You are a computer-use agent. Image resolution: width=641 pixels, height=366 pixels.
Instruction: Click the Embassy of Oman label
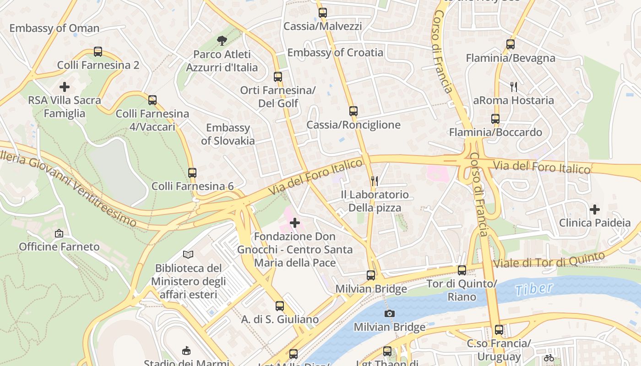pyautogui.click(x=54, y=28)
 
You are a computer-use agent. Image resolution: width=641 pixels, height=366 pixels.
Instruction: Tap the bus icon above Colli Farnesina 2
pyautogui.click(x=98, y=52)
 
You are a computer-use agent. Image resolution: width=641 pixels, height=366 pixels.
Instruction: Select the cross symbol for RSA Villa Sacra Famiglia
pyautogui.click(x=65, y=86)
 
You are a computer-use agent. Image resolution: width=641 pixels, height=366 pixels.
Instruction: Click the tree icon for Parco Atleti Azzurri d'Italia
pyautogui.click(x=222, y=41)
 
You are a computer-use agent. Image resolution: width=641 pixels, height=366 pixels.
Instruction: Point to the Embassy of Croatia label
pyautogui.click(x=335, y=53)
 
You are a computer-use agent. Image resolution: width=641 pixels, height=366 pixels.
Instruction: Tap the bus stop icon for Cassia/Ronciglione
pyautogui.click(x=353, y=111)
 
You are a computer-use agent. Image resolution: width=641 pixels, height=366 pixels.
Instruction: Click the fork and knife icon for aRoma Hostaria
pyautogui.click(x=514, y=86)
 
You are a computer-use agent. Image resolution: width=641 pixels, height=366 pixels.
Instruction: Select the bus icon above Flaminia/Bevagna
pyautogui.click(x=511, y=44)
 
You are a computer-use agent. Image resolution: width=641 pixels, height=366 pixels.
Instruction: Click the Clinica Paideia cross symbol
pyautogui.click(x=594, y=210)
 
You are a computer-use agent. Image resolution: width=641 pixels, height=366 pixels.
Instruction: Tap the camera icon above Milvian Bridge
pyautogui.click(x=389, y=313)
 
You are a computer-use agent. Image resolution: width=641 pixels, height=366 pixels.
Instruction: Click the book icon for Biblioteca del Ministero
pyautogui.click(x=188, y=254)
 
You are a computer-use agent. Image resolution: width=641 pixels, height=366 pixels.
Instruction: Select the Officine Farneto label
pyautogui.click(x=59, y=247)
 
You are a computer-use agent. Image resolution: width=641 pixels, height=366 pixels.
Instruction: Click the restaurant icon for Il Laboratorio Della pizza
pyautogui.click(x=374, y=181)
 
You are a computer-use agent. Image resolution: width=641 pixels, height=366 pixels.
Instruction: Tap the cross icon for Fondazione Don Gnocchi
pyautogui.click(x=295, y=223)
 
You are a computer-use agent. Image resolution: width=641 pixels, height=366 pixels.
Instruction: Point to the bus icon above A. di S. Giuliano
pyautogui.click(x=279, y=306)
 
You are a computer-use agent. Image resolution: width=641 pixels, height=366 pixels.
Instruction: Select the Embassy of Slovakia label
pyautogui.click(x=228, y=134)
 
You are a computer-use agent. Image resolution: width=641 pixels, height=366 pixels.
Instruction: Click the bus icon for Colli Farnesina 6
pyautogui.click(x=192, y=173)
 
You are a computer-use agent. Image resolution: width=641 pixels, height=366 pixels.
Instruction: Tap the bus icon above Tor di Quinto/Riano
pyautogui.click(x=462, y=270)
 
